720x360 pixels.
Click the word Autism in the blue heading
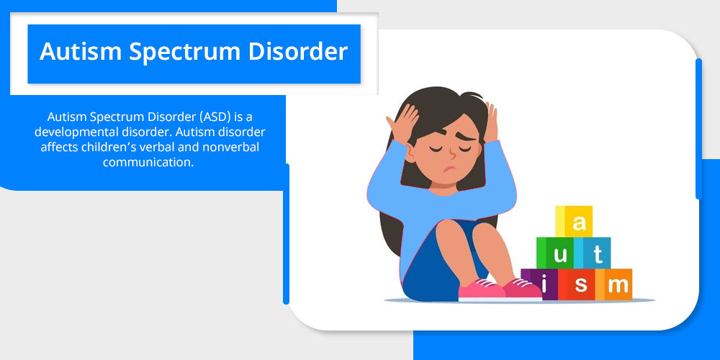(x=81, y=51)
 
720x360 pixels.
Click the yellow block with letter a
(x=574, y=221)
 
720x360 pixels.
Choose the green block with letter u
(x=554, y=253)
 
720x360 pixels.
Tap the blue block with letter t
(x=593, y=253)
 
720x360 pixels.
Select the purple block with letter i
(x=539, y=284)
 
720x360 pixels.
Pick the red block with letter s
(x=577, y=284)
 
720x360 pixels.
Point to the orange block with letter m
(x=614, y=284)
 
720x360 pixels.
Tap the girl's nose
(x=452, y=152)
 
